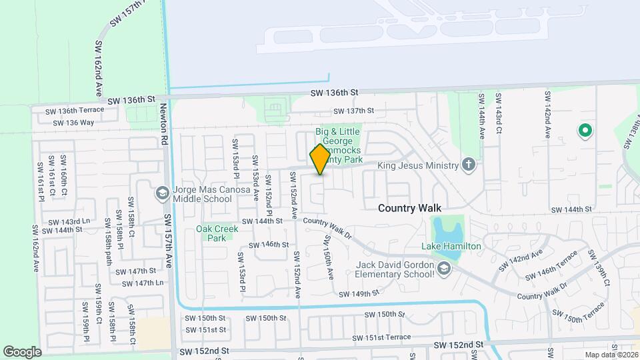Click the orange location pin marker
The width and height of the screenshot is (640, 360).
click(x=319, y=159)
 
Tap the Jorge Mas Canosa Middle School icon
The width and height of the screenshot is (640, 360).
click(x=161, y=193)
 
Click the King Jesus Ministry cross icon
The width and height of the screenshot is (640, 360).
click(x=469, y=165)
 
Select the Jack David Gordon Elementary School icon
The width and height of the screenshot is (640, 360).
click(x=445, y=269)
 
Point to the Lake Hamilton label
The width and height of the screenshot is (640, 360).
click(x=451, y=246)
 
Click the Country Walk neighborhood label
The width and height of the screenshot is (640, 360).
click(x=409, y=208)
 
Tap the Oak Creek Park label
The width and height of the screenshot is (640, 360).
click(x=216, y=233)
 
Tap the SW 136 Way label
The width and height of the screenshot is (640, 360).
click(x=69, y=122)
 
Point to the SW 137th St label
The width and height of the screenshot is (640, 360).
click(x=353, y=111)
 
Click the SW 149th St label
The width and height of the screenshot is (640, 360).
click(x=358, y=293)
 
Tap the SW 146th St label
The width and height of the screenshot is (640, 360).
click(x=268, y=245)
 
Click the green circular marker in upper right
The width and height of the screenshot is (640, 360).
click(x=585, y=131)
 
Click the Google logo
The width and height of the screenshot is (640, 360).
click(x=22, y=351)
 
